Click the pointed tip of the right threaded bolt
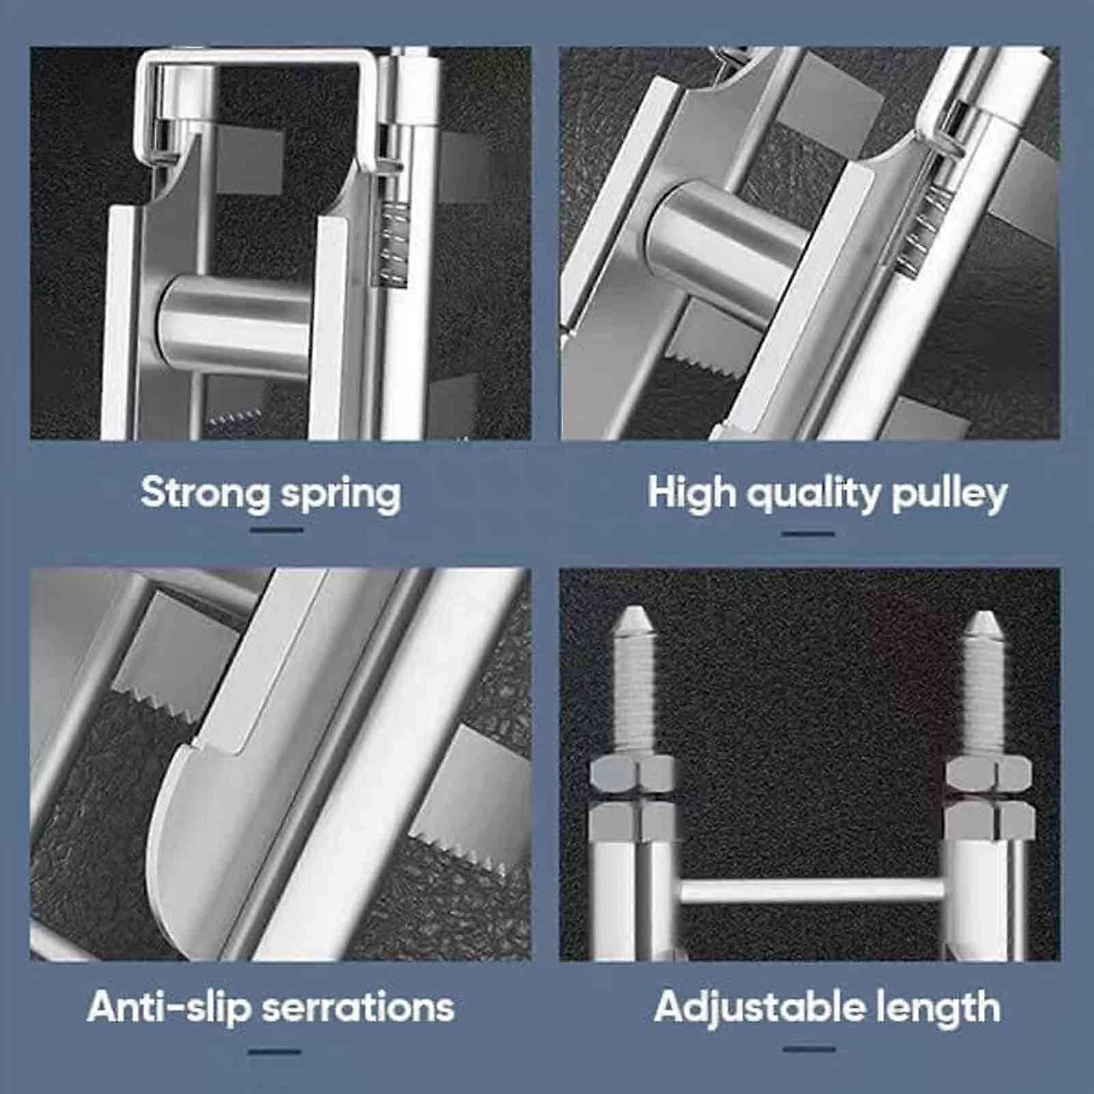983,622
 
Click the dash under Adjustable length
810,1048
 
